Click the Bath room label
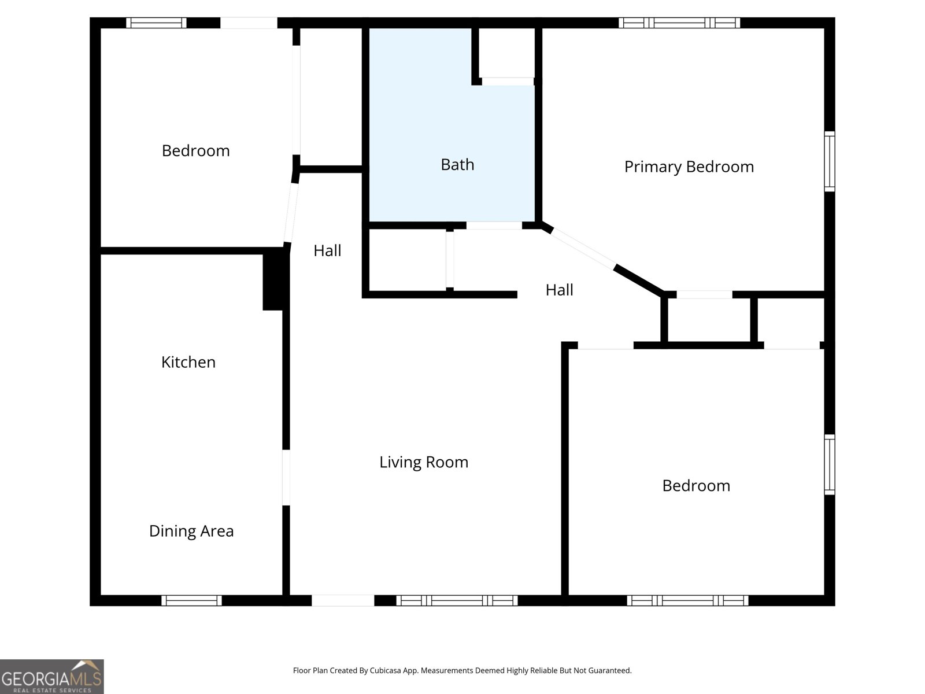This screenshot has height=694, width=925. tap(457, 165)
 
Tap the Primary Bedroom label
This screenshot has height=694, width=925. tap(689, 167)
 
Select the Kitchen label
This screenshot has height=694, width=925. tap(188, 362)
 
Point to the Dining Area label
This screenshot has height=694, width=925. tap(191, 531)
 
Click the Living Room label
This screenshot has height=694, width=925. tap(424, 462)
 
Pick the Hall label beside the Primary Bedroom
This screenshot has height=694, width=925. tap(559, 290)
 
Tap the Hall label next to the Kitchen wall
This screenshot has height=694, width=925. tap(327, 250)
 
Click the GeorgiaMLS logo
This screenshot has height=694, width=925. tap(51, 676)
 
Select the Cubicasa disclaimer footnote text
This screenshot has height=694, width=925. tap(462, 671)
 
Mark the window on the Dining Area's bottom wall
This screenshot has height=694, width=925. tap(191, 600)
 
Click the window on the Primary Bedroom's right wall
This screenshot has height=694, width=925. tap(830, 161)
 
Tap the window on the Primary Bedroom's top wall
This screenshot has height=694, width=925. tap(679, 23)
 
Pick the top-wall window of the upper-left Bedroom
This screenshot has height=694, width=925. tap(156, 23)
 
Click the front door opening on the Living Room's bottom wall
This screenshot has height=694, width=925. tap(343, 600)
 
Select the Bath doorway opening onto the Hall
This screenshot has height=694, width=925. tap(494, 226)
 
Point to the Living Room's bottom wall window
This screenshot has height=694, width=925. tap(457, 600)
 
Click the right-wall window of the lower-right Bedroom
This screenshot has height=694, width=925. tap(830, 464)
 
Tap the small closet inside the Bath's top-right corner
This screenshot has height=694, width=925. tap(508, 52)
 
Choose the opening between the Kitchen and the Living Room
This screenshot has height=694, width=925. tap(286, 477)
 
